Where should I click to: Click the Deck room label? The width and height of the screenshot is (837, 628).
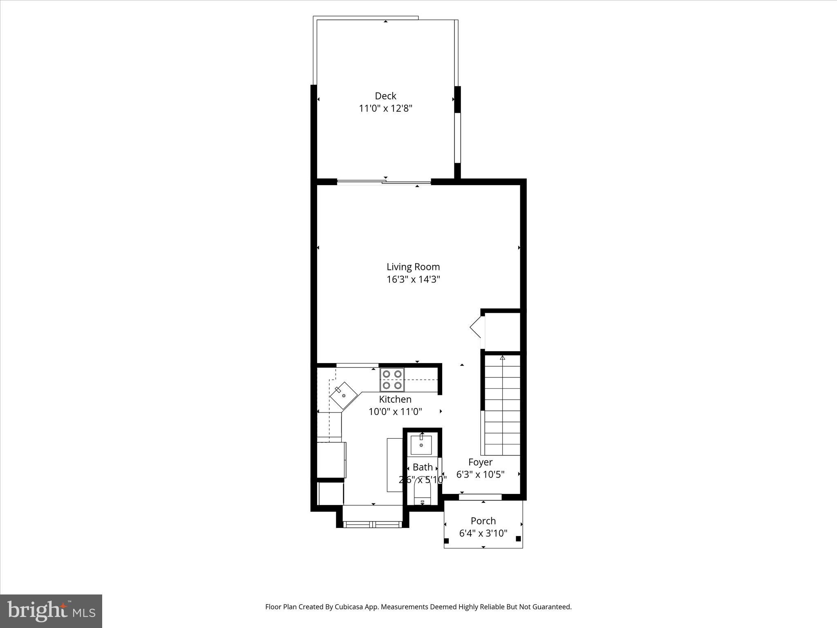coord(385,96)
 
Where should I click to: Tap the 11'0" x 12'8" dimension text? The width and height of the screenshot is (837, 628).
coord(385,108)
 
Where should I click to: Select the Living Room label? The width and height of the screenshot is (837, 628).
coord(413,267)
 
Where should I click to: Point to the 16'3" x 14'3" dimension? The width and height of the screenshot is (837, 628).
coord(413,279)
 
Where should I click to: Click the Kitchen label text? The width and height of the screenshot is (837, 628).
coord(395,399)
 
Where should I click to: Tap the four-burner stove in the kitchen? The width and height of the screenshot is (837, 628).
coord(392,379)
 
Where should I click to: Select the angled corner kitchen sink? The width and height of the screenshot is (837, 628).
coord(344,396)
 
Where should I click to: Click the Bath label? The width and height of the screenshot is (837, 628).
coord(423,467)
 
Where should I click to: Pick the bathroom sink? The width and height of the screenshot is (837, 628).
coord(421,445)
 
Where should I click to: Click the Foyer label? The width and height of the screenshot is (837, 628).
coord(480,462)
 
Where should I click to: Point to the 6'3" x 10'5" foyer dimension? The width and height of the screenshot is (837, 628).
coord(480,474)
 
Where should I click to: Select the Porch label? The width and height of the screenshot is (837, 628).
coord(483,521)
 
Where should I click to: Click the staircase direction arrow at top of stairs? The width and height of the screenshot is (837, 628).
coord(502,358)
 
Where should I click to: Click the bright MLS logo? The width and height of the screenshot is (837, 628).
coord(51,611)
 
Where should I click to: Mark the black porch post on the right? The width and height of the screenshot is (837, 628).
coord(518,539)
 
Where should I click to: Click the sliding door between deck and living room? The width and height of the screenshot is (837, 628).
coord(384,182)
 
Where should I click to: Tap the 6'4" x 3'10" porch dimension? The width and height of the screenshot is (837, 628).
coord(483,533)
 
